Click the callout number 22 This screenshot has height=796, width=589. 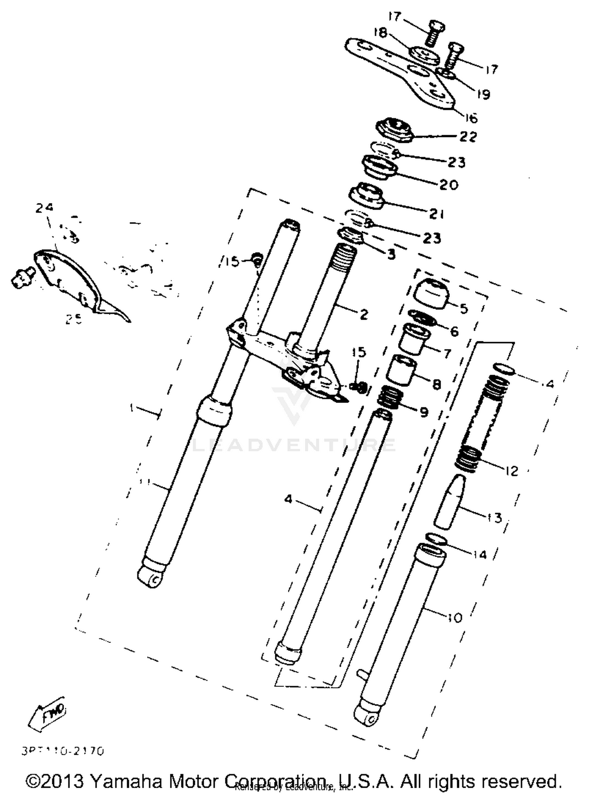click(468, 137)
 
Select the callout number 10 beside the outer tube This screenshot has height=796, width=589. click(455, 617)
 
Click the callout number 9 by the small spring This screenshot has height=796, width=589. click(424, 412)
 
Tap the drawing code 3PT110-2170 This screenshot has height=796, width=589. click(63, 751)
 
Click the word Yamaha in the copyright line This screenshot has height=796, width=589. click(126, 781)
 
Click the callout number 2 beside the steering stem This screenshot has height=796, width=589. click(364, 314)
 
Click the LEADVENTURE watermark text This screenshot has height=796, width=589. click(293, 445)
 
